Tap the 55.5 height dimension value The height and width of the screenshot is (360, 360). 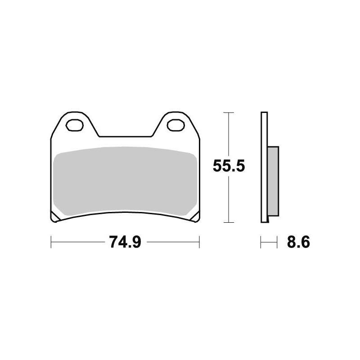tap(229, 167)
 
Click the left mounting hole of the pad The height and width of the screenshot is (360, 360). tap(74, 124)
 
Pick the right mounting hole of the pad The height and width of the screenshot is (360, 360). tap(174, 124)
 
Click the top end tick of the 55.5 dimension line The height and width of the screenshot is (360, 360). tap(229, 112)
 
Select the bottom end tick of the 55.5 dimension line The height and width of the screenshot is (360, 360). tap(229, 222)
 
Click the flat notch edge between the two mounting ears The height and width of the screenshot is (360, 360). tap(124, 136)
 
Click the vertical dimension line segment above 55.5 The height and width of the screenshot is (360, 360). tap(229, 135)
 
